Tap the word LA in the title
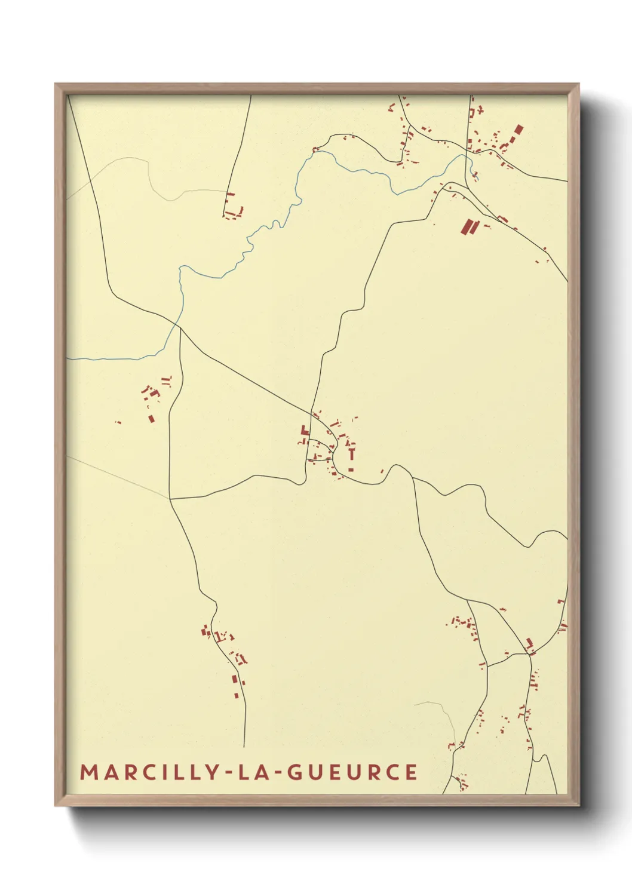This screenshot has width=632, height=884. pos(255,772)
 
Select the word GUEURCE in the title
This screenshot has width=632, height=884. pos(352,772)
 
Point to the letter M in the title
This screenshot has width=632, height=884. pos(88,772)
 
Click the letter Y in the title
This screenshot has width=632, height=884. pos(213,772)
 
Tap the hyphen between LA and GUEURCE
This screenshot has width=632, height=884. pos(276,772)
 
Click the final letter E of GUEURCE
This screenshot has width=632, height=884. pos(411,772)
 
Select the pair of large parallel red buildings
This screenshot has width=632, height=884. pos(469,226)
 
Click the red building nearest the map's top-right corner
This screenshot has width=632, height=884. pos(518,130)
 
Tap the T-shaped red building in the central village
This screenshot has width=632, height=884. pos(351,453)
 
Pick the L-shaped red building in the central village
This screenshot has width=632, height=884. pos(305,430)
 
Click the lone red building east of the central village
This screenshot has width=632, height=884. pos(382,471)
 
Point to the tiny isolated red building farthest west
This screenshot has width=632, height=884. pos(118,422)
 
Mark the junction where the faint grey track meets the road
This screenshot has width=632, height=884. pos(170,498)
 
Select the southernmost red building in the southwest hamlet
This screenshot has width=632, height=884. pos(237,695)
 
